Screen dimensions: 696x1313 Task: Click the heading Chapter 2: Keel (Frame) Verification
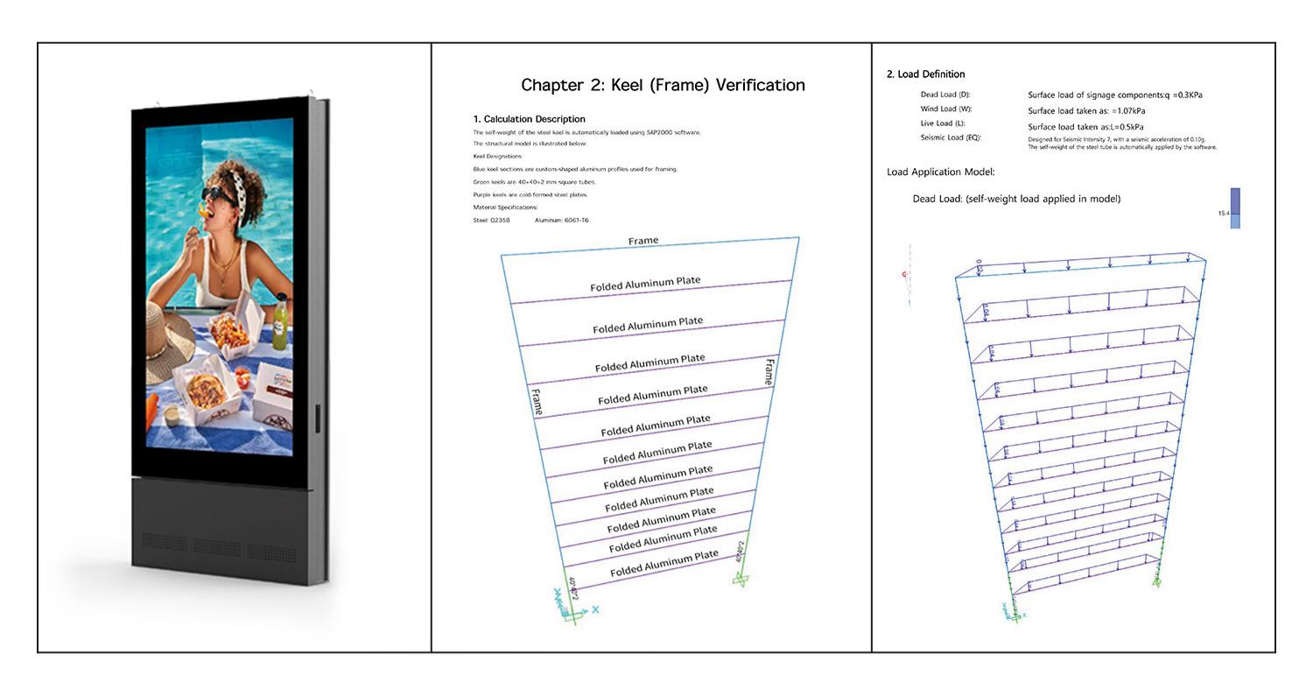(663, 85)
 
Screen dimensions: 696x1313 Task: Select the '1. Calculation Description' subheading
(529, 119)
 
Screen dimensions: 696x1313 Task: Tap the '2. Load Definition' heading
(925, 74)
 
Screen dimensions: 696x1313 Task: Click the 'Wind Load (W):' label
(946, 109)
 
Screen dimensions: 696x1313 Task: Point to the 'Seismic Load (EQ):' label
(951, 137)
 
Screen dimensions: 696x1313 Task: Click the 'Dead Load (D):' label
(945, 95)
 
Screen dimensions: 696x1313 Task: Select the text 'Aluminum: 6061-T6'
(561, 221)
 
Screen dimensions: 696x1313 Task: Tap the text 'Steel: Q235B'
(491, 221)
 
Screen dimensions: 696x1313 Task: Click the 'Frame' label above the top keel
(643, 241)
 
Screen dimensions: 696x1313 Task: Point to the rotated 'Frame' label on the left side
(537, 401)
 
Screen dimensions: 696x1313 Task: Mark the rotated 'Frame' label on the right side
(769, 372)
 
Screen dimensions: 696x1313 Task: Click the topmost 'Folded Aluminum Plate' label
(645, 284)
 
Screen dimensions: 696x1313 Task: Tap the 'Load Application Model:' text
(940, 172)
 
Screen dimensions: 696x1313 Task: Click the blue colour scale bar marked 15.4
(1235, 208)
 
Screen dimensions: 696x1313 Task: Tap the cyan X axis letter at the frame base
(596, 609)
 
